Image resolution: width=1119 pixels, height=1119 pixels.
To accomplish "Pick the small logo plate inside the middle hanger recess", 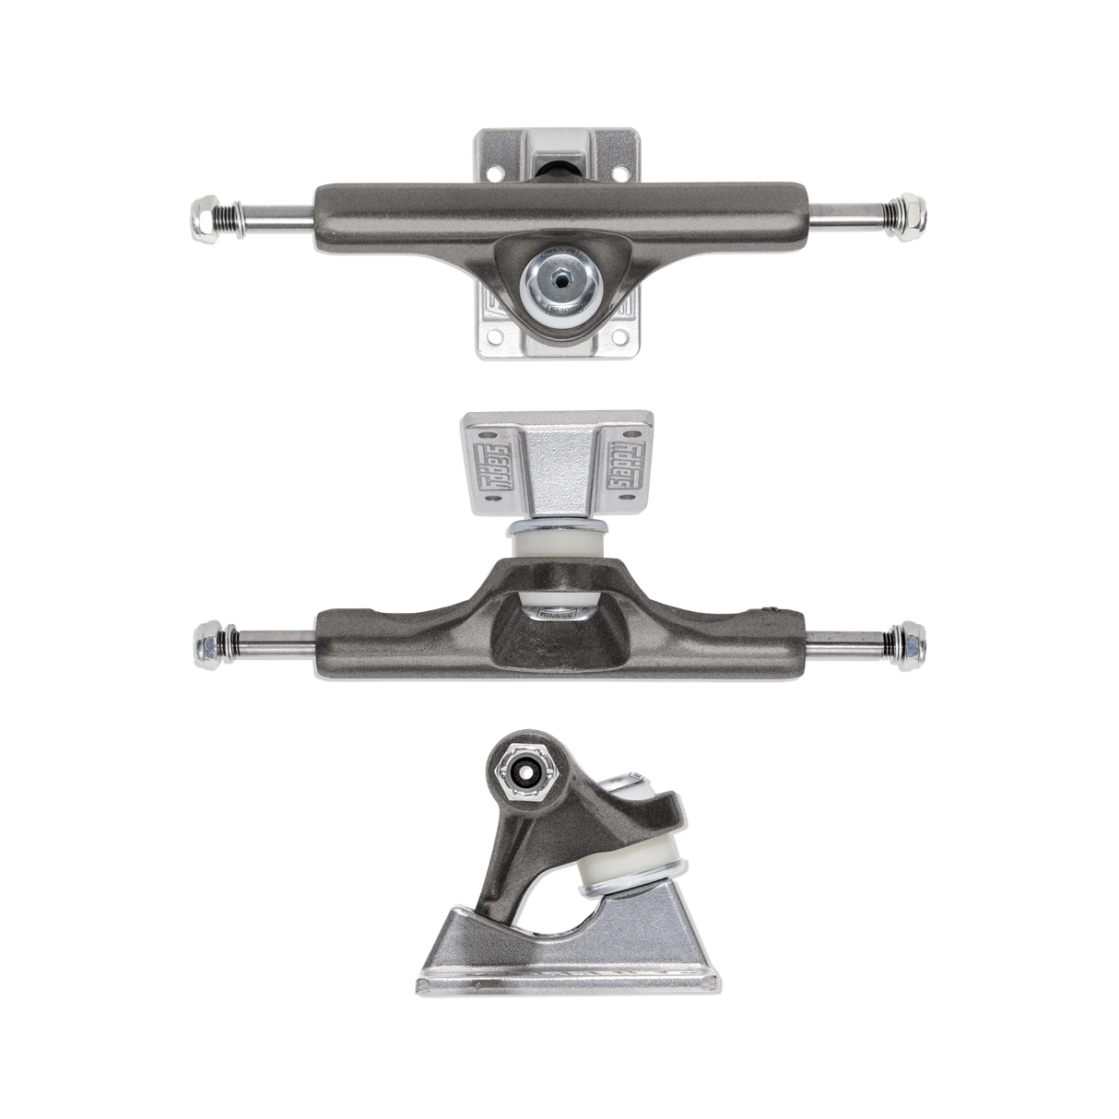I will (x=559, y=609).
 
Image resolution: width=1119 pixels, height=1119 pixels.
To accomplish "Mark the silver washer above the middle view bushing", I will (x=559, y=526).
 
